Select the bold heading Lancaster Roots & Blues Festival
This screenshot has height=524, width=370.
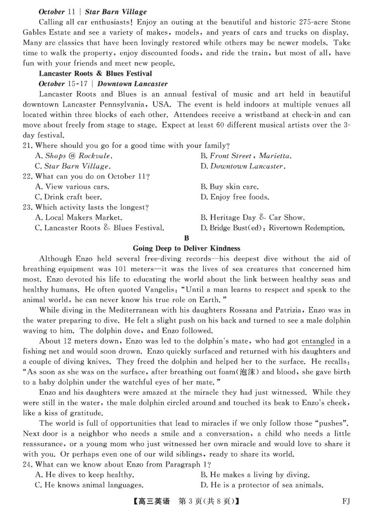click(x=95, y=74)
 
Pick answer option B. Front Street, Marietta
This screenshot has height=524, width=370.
click(x=246, y=156)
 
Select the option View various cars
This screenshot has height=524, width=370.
click(x=72, y=187)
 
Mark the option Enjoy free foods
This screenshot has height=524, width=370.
click(x=234, y=197)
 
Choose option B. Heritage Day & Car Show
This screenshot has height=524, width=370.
click(x=253, y=217)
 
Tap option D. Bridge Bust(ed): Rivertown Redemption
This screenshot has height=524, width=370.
click(x=272, y=228)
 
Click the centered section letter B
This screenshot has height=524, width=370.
click(x=186, y=238)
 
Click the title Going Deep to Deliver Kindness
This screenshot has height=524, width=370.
click(x=186, y=248)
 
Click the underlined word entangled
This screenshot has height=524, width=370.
click(x=318, y=342)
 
